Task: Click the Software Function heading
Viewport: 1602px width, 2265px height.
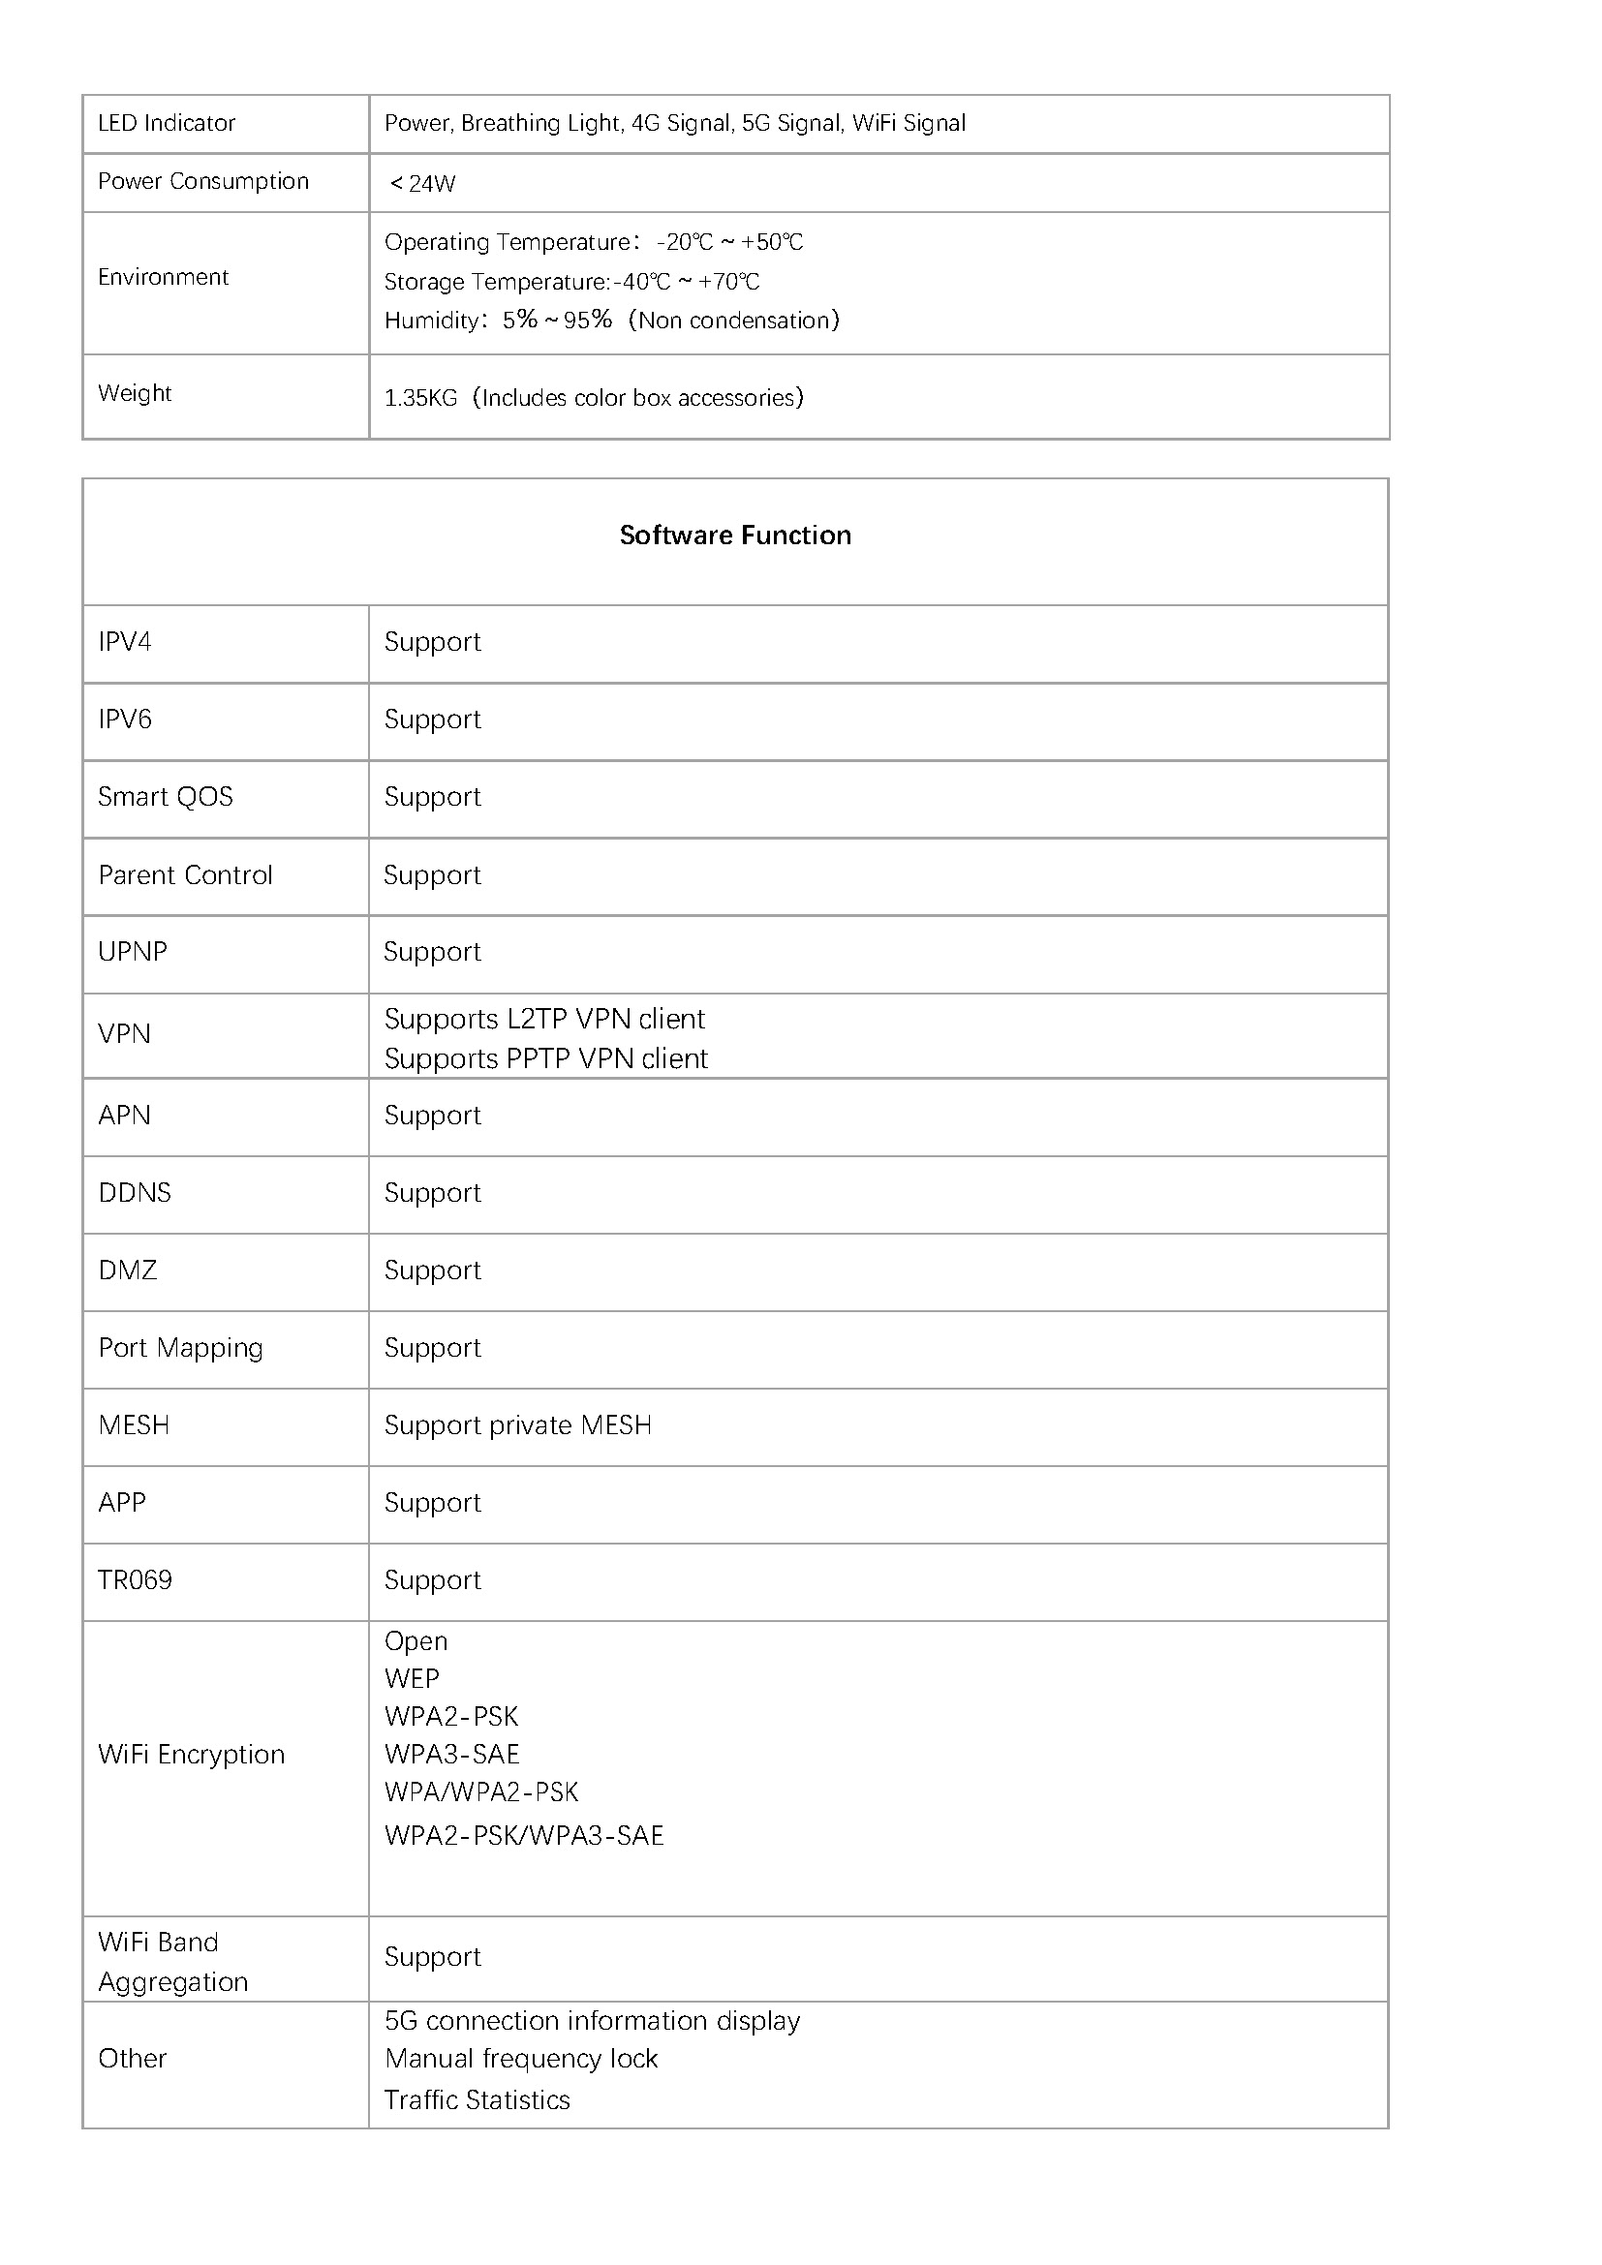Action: point(735,535)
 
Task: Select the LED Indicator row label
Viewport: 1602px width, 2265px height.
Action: point(167,123)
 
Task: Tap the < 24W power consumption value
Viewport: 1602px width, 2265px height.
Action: point(422,183)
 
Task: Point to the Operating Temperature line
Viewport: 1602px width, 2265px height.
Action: point(593,242)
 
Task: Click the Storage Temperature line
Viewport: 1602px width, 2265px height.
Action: point(571,282)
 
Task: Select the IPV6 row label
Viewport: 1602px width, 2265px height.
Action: point(125,719)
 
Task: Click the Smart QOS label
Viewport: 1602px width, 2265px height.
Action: point(166,797)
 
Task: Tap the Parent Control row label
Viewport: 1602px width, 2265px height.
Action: point(185,875)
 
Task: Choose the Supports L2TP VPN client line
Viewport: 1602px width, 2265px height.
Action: point(544,1019)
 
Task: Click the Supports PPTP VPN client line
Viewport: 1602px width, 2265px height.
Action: point(545,1058)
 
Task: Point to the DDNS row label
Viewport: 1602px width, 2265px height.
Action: point(136,1193)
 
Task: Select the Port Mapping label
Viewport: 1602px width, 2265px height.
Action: point(180,1348)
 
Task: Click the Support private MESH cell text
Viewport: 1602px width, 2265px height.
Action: point(518,1425)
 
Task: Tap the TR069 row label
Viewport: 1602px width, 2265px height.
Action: point(136,1580)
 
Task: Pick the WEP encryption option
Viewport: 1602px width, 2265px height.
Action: point(413,1678)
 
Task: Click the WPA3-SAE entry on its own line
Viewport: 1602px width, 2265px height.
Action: point(451,1754)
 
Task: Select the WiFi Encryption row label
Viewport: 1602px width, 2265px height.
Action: point(192,1754)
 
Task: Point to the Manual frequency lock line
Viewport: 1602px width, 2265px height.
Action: point(521,2059)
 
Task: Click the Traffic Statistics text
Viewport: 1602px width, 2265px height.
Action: point(478,2100)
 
